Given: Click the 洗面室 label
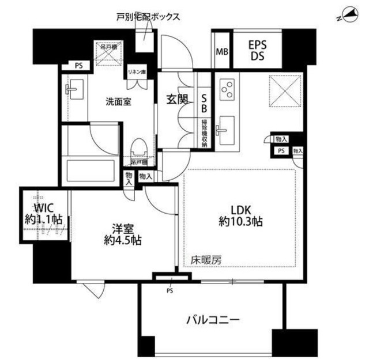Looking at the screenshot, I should click(x=118, y=101).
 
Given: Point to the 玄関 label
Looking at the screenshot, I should click(x=178, y=98).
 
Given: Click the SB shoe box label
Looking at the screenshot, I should click(x=204, y=104).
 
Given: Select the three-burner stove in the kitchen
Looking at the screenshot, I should click(x=227, y=88).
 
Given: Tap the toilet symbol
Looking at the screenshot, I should click(x=138, y=151).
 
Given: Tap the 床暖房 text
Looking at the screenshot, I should click(x=206, y=260).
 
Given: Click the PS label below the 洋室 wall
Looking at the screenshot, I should click(x=170, y=290).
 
